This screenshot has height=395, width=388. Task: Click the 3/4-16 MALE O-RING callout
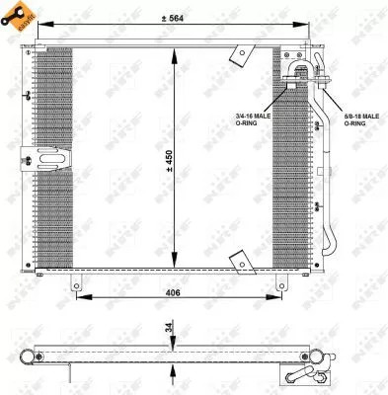(253, 118)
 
